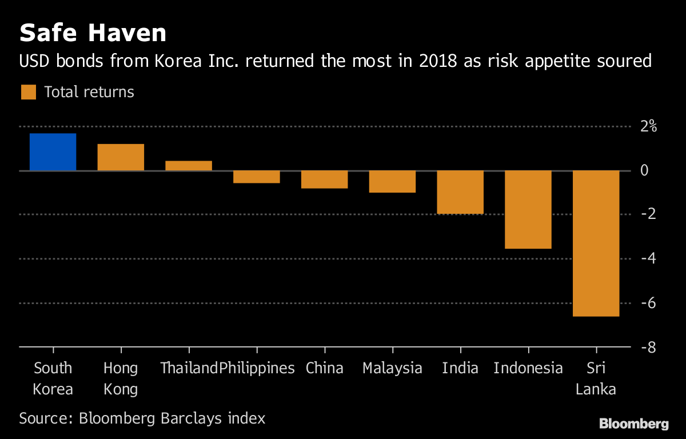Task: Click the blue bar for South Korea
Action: (x=53, y=152)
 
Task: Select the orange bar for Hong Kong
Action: (x=121, y=157)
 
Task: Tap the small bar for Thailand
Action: (x=189, y=166)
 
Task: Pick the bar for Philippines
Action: (x=257, y=177)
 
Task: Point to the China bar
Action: (x=325, y=179)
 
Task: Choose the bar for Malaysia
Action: (x=392, y=182)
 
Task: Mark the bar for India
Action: (x=460, y=192)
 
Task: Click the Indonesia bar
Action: (x=528, y=209)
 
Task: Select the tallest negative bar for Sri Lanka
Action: (x=596, y=243)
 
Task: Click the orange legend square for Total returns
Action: (x=29, y=92)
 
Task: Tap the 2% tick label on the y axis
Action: (x=648, y=126)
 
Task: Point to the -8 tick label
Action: (x=648, y=347)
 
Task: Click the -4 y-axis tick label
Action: (x=648, y=258)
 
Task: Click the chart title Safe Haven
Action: (x=93, y=33)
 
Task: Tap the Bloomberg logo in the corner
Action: (x=633, y=424)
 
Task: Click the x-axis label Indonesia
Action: (x=528, y=368)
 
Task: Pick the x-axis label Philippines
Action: (x=257, y=368)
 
